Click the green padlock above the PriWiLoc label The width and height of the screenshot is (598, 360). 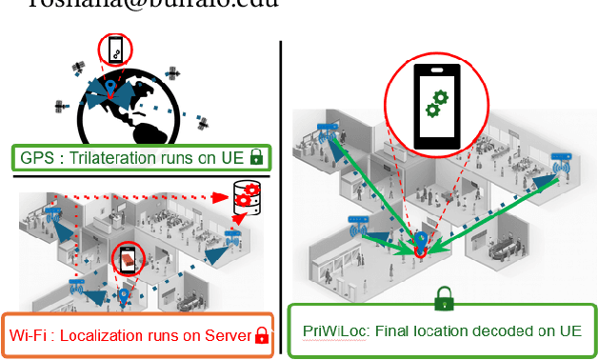(443, 300)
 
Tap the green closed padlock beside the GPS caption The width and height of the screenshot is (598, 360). (256, 157)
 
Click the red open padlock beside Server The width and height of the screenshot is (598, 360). (261, 334)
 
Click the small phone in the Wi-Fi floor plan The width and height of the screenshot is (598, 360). (126, 257)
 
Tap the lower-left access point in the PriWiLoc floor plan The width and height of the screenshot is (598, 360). (359, 229)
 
